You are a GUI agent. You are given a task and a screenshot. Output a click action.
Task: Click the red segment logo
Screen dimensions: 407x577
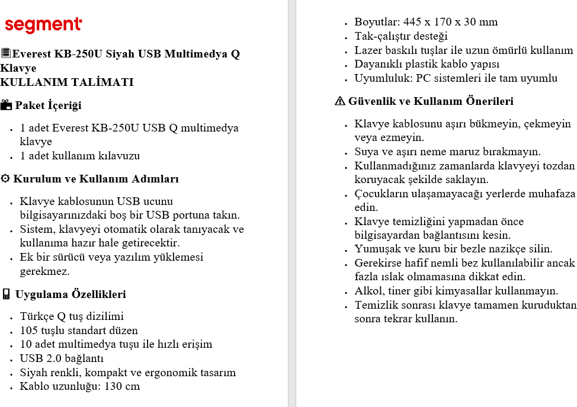click(x=43, y=25)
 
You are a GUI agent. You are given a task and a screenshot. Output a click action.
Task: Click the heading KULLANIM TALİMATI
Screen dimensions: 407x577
click(x=67, y=82)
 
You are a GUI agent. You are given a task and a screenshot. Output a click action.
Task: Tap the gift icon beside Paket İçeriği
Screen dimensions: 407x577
click(x=7, y=105)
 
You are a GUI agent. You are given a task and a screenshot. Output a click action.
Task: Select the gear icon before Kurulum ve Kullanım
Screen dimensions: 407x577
click(x=5, y=179)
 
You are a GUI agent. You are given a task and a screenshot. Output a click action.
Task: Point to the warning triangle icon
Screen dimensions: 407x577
click(x=339, y=101)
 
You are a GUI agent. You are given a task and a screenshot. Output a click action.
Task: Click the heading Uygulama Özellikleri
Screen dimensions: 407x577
click(x=70, y=294)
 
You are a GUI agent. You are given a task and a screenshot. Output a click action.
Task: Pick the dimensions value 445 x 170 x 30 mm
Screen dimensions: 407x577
click(x=450, y=22)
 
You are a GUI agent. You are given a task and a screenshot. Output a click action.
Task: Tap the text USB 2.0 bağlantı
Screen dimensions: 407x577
click(x=62, y=358)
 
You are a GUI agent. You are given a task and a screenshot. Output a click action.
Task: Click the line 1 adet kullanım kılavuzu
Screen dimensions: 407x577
click(x=80, y=156)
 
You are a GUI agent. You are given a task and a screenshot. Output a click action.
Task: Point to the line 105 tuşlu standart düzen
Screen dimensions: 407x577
click(x=79, y=331)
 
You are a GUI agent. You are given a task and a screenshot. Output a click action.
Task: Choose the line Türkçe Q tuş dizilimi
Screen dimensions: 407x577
click(x=72, y=316)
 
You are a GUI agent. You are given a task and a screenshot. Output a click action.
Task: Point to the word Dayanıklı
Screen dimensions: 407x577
click(x=379, y=64)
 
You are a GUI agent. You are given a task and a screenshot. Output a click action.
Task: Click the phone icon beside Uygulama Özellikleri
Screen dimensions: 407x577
click(x=6, y=294)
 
